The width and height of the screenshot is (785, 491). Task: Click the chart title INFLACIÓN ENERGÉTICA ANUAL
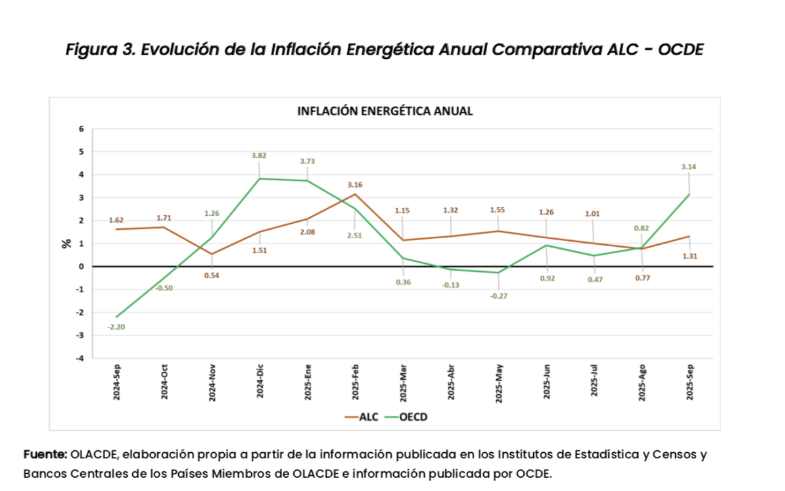point(385,111)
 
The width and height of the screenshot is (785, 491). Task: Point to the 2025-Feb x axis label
point(356,381)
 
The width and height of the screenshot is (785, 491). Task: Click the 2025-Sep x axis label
point(690,381)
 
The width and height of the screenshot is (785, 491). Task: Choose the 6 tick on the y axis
point(82,129)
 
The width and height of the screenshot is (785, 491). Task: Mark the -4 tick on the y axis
point(80,359)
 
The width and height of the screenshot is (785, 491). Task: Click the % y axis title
point(66,244)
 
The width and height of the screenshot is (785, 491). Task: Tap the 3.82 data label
point(259,155)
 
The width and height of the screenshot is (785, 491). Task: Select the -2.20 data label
point(116,326)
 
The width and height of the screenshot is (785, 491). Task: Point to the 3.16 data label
point(355,185)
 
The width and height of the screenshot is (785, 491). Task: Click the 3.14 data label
point(689,167)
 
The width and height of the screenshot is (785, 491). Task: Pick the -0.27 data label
point(498,296)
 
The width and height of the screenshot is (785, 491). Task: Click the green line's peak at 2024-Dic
point(260,178)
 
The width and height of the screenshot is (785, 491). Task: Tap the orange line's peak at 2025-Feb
point(356,194)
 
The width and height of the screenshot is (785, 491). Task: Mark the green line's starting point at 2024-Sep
point(116,317)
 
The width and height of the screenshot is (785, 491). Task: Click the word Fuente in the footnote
point(45,454)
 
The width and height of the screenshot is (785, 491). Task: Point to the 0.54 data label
point(212,275)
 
